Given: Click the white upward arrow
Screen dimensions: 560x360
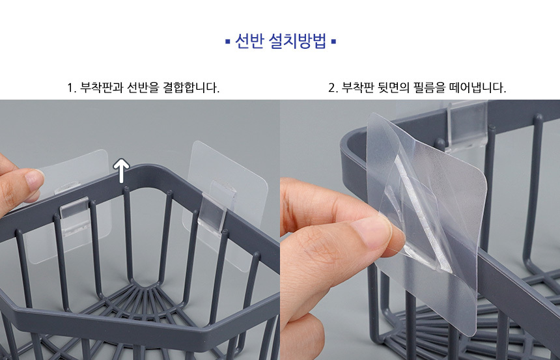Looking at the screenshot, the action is [121, 171].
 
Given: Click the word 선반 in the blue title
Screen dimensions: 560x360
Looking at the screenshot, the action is [249, 41].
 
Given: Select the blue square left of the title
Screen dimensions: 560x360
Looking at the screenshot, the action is [228, 42].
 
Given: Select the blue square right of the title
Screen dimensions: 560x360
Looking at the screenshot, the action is [333, 42].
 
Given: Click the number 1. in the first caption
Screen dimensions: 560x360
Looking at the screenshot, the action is [72, 88].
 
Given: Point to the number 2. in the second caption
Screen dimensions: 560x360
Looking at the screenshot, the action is [333, 88].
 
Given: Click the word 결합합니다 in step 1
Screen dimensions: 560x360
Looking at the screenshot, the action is [191, 87].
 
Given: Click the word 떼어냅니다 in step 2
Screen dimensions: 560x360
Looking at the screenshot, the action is [478, 87].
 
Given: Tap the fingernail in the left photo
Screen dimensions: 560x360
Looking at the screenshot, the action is [34, 181].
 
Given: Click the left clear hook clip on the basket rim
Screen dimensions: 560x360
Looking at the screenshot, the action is [74, 212].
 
